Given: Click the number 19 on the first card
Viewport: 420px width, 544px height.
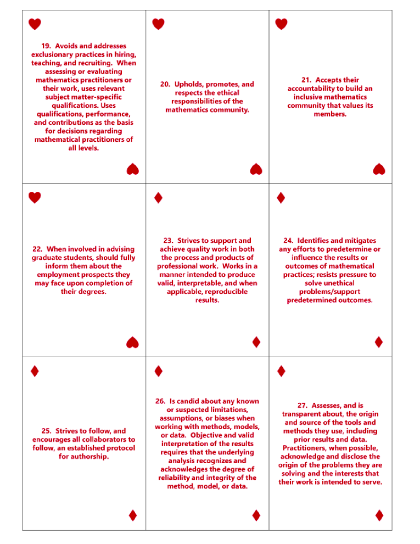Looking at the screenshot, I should (47, 46).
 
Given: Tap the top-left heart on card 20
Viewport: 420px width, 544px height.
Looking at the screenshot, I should (158, 24).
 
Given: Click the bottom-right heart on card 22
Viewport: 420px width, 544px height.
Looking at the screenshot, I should (132, 343).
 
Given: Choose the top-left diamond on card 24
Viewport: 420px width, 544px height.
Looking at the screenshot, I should (281, 198).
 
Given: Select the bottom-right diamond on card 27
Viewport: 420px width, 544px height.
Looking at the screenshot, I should (379, 515).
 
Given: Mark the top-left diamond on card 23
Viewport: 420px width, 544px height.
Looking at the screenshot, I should (158, 198).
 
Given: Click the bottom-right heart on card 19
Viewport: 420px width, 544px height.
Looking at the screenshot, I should (132, 169).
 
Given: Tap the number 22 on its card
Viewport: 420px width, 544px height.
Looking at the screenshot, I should (39, 249).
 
